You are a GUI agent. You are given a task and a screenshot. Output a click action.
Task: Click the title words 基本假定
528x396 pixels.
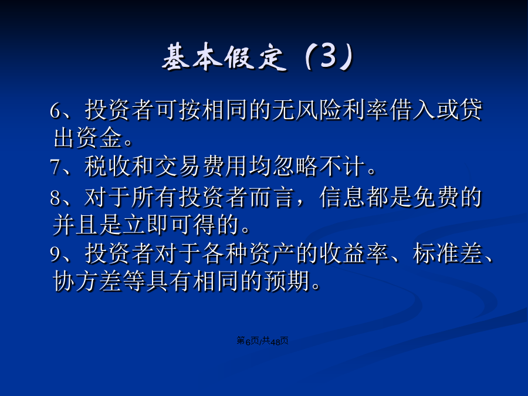(x=225, y=57)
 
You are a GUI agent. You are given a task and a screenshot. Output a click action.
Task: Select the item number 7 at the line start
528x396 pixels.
(x=55, y=167)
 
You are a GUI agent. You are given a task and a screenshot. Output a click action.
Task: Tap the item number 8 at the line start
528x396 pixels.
(x=55, y=198)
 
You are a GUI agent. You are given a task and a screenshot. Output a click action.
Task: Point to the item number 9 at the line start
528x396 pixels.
(x=55, y=254)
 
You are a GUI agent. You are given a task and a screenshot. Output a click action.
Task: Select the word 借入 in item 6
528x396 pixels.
(x=412, y=110)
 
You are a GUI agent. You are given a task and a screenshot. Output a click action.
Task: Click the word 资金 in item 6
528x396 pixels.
(x=99, y=138)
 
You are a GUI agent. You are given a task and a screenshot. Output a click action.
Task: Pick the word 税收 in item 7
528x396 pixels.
(x=107, y=166)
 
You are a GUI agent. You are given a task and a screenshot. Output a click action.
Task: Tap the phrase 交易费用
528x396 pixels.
(x=201, y=166)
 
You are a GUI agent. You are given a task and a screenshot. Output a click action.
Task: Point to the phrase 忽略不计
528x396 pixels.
(x=319, y=166)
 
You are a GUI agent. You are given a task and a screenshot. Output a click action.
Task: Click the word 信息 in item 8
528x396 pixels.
(x=342, y=197)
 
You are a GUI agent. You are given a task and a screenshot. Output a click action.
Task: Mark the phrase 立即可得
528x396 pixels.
(x=170, y=225)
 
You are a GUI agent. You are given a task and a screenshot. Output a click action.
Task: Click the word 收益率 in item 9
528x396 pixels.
(x=354, y=253)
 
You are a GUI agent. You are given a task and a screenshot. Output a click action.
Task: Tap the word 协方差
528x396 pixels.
(x=87, y=281)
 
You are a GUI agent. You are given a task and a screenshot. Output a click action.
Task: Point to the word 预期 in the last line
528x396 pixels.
(x=287, y=281)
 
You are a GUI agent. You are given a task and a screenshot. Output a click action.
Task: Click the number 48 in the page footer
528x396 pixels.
(x=275, y=341)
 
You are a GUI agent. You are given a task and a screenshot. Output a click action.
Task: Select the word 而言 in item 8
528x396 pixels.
(x=272, y=197)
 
